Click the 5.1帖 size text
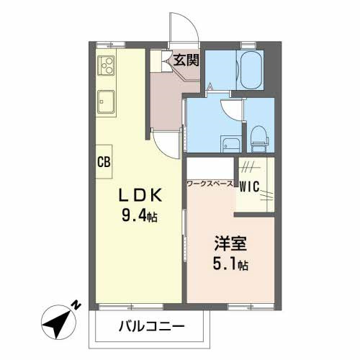pyautogui.click(x=230, y=264)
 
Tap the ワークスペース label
pyautogui.click(x=210, y=184)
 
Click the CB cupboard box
pyautogui.click(x=104, y=162)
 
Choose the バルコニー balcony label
pyautogui.click(x=152, y=326)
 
